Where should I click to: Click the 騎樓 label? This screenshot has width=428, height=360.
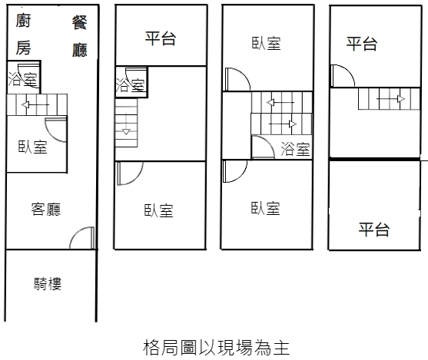coord(48,284)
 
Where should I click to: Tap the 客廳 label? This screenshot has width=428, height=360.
coord(46,210)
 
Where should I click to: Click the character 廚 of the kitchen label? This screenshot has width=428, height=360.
coord(23,21)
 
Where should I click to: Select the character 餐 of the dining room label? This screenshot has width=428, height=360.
coord(80,22)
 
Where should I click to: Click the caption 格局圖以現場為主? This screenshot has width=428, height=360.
coord(216,348)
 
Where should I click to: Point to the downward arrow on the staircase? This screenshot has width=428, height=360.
coord(126,124)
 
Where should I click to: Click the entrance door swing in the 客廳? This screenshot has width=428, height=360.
coord(81,237)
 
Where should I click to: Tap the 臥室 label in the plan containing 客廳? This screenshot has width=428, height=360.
coord(33,147)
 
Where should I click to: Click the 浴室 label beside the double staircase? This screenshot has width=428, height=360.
coord(295,149)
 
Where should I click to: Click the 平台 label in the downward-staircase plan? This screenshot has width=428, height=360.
coord(161,38)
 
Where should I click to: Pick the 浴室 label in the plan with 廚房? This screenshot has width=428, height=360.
coord(22,79)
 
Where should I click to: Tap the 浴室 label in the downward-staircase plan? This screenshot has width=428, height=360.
coord(130,85)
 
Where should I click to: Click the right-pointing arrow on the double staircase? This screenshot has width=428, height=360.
coord(283,124)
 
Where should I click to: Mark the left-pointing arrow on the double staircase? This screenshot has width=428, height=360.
coord(280,103)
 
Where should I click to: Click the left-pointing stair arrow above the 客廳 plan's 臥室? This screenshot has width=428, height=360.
coord(35,104)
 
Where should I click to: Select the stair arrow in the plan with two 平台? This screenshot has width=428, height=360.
coord(391,99)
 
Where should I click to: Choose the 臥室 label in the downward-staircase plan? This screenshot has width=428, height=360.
coord(159,211)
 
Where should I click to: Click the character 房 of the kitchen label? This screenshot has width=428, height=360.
coord(23,48)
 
